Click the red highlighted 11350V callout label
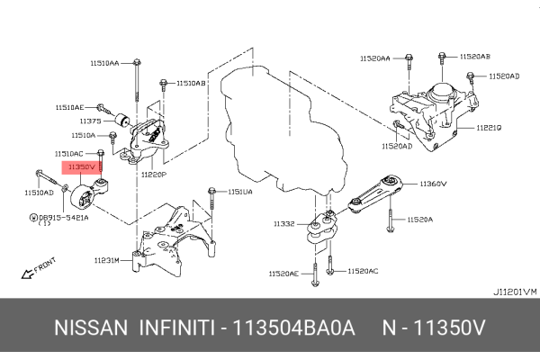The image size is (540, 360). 80,167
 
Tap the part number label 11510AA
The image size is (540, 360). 104,63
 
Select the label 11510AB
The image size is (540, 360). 191,83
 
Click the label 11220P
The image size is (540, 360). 153,175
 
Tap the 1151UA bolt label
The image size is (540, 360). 240,192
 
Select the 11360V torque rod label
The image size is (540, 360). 433,184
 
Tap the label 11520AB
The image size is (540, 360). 474,57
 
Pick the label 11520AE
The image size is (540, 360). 284,273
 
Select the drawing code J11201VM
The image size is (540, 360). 513,292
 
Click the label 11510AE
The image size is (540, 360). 72,106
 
